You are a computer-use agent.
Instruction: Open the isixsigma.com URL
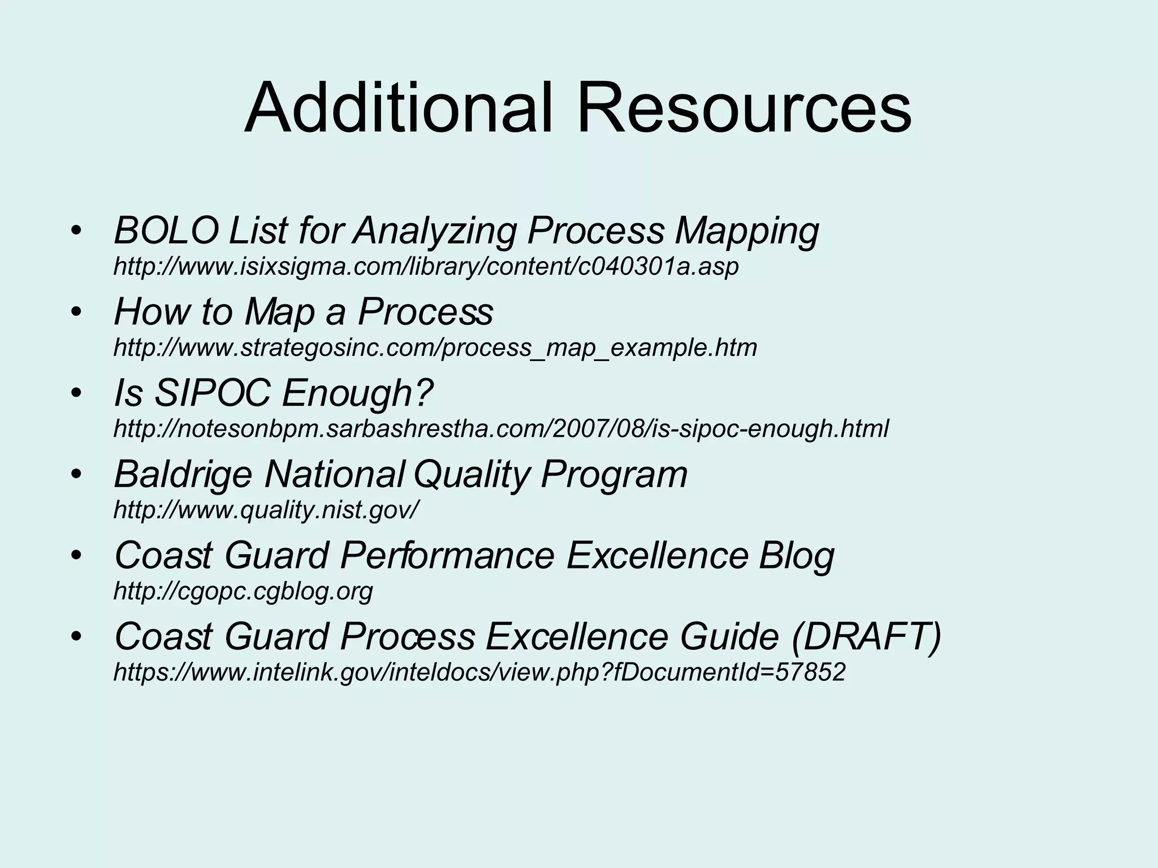pos(426,266)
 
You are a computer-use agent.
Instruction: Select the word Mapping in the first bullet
pos(746,231)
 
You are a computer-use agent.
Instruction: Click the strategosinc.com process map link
pos(435,347)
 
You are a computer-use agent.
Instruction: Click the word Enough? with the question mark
pos(357,393)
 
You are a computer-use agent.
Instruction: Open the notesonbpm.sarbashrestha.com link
pos(500,428)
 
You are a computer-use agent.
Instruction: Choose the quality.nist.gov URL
pos(266,510)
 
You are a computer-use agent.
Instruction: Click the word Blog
pos(796,555)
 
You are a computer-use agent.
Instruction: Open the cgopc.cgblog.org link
pos(243,591)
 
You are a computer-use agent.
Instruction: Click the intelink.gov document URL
pos(479,672)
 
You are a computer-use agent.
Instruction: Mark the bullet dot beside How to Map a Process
pos(77,313)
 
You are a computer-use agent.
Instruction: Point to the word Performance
pos(448,555)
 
